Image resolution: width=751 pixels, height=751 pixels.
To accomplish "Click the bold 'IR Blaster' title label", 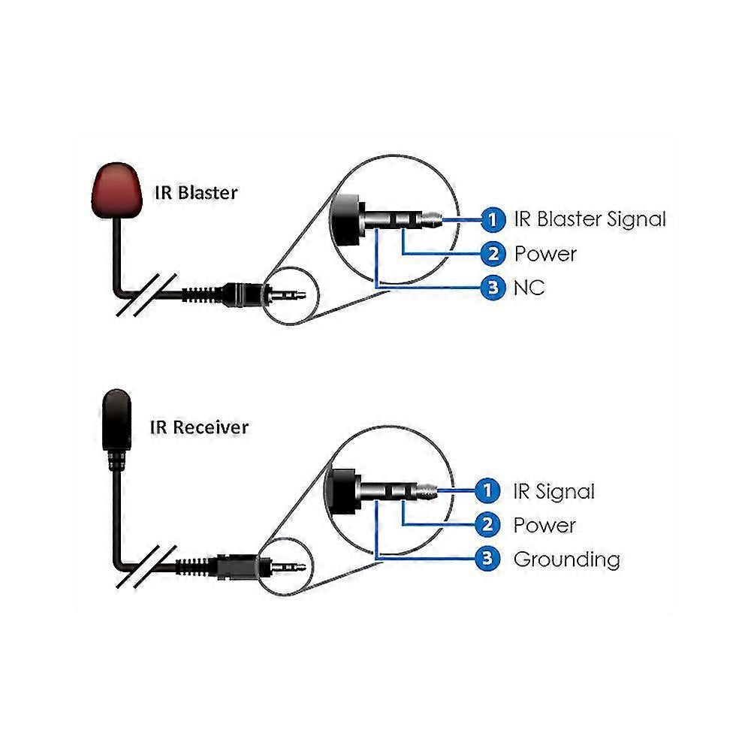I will [x=195, y=192].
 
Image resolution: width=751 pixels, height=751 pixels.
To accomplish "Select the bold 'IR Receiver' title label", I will [x=199, y=427].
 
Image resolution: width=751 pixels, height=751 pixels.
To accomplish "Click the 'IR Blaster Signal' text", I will [x=590, y=219].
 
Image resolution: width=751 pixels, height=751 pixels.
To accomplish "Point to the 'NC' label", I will [x=529, y=287].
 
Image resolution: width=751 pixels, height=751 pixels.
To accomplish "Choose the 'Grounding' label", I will [x=566, y=559].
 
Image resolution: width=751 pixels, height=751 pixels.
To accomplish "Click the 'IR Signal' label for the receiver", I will [x=553, y=492].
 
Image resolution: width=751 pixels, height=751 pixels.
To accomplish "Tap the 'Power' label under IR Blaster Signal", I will [x=545, y=254].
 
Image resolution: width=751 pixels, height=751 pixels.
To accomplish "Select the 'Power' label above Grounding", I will [x=544, y=525].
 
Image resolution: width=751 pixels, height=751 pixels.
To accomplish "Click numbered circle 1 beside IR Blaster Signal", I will [x=492, y=219].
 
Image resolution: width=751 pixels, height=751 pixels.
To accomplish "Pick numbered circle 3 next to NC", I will [x=492, y=287].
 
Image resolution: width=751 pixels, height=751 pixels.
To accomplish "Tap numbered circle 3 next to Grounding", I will [x=489, y=558].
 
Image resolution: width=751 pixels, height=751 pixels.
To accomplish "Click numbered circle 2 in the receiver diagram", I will [x=489, y=525].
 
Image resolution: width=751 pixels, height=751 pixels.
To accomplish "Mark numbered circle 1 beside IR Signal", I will [x=489, y=491].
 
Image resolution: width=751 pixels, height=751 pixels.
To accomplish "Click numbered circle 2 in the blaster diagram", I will [x=492, y=254].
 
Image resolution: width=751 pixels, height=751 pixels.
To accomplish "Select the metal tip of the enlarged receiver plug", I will [x=426, y=491].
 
